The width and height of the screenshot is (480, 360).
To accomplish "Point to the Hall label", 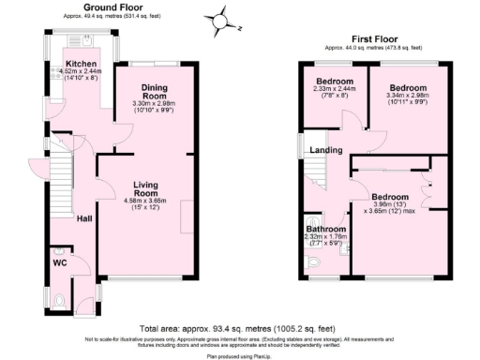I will click(x=83, y=218).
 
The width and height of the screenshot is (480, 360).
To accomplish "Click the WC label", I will click(x=58, y=263).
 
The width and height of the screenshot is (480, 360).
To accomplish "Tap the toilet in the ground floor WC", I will click(x=59, y=298).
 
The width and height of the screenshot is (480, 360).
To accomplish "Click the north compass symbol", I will click(x=219, y=18).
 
